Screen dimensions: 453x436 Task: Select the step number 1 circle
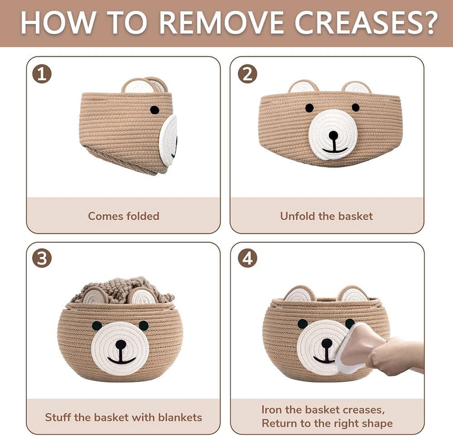42,74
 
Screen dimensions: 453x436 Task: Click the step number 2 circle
247,74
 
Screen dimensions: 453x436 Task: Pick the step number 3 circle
42,258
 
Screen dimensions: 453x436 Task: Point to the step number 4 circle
247,258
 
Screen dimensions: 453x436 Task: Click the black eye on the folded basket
154,110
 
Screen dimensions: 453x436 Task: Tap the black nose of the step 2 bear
333,135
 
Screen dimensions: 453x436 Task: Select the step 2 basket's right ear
356,87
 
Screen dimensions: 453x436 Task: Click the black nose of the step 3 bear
121,344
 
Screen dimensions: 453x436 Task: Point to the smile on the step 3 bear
121,361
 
